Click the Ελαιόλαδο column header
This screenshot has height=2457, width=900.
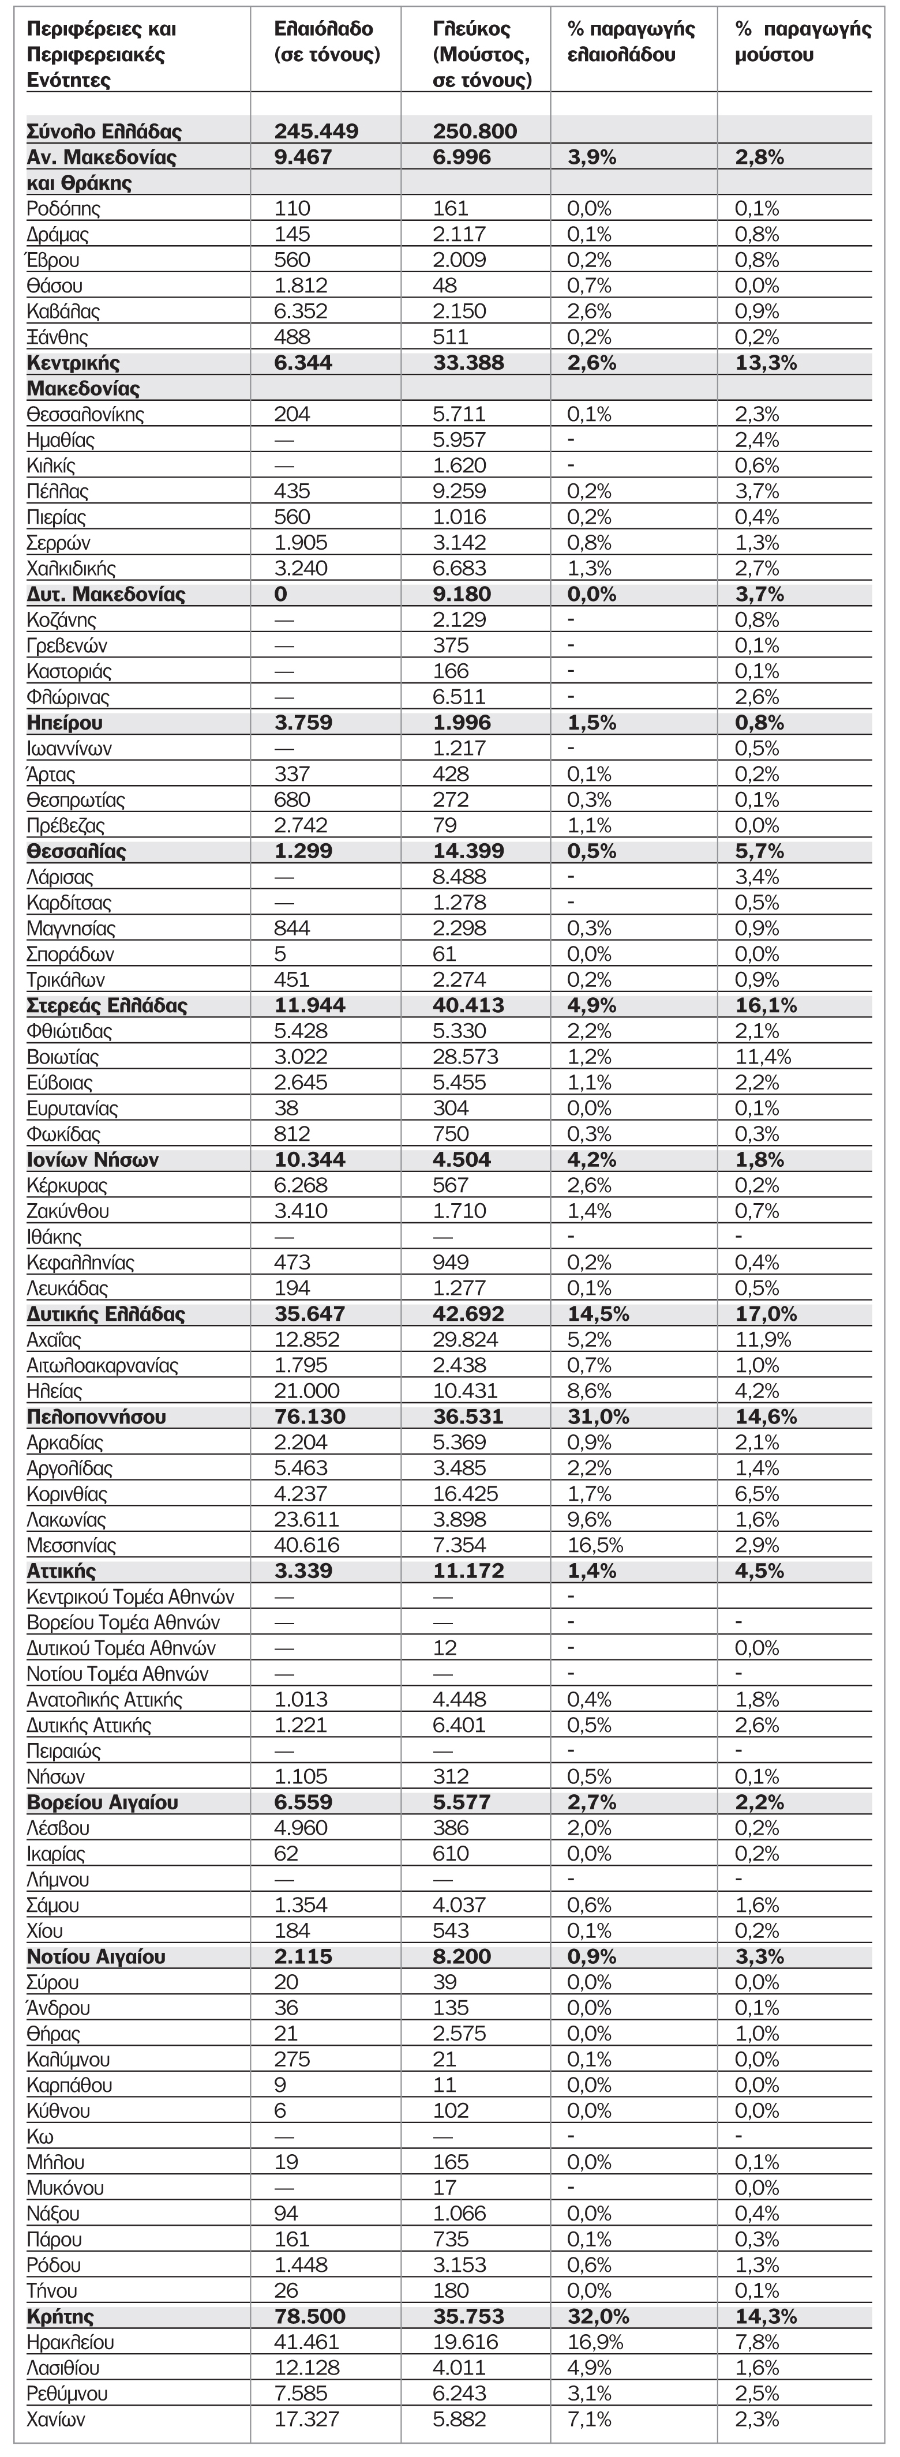pyautogui.click(x=327, y=42)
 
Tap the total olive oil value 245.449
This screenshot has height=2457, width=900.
pyautogui.click(x=316, y=132)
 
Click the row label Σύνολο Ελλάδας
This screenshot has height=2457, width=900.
pyautogui.click(x=104, y=132)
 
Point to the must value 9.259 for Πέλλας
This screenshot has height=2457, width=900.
pyautogui.click(x=459, y=492)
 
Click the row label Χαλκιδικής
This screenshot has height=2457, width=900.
pyautogui.click(x=72, y=569)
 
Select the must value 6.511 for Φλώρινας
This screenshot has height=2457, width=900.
pyautogui.click(x=459, y=697)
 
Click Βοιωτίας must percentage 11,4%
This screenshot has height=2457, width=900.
pyautogui.click(x=763, y=1057)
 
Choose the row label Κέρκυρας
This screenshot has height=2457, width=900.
pyautogui.click(x=67, y=1186)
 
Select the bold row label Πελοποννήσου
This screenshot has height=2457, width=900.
pyautogui.click(x=96, y=1417)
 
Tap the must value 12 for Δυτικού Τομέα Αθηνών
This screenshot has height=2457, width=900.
pyautogui.click(x=445, y=1648)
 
